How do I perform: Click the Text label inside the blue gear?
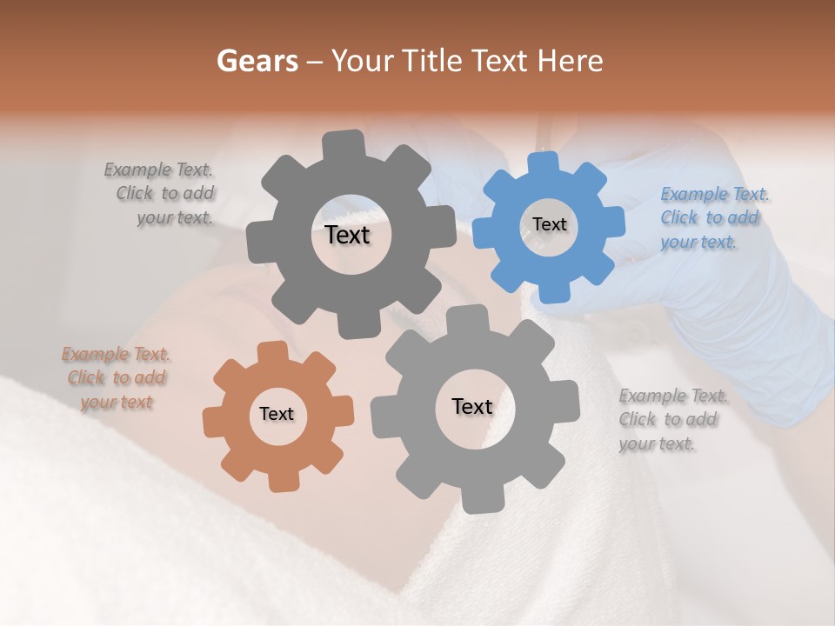pos(549,224)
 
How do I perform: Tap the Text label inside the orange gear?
pos(277,414)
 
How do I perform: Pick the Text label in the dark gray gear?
pos(347,235)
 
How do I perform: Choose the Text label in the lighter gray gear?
pos(471,406)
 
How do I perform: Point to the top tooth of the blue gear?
pos(544,163)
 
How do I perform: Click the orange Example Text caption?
pos(117,378)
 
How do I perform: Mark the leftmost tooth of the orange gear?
pos(214,423)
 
